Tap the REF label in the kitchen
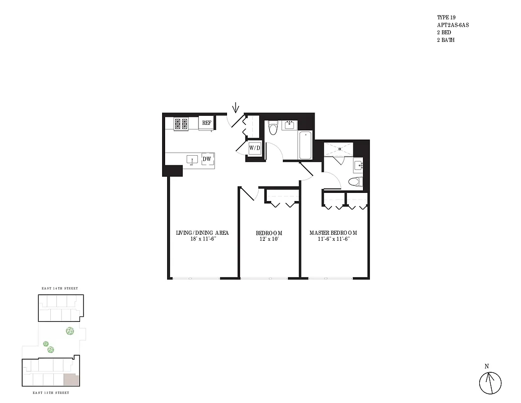(206, 123)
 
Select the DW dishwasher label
(206, 159)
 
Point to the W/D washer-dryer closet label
(255, 148)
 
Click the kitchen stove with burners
(181, 123)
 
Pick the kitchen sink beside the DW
(192, 160)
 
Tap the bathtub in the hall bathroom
(305, 145)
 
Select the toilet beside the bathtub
(273, 128)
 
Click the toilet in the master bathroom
(355, 182)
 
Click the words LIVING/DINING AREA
(202, 233)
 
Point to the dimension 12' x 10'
(269, 239)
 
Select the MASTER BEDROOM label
(333, 233)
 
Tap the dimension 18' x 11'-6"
(202, 239)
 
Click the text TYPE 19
(446, 17)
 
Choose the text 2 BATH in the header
(446, 40)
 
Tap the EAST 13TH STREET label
(52, 392)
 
